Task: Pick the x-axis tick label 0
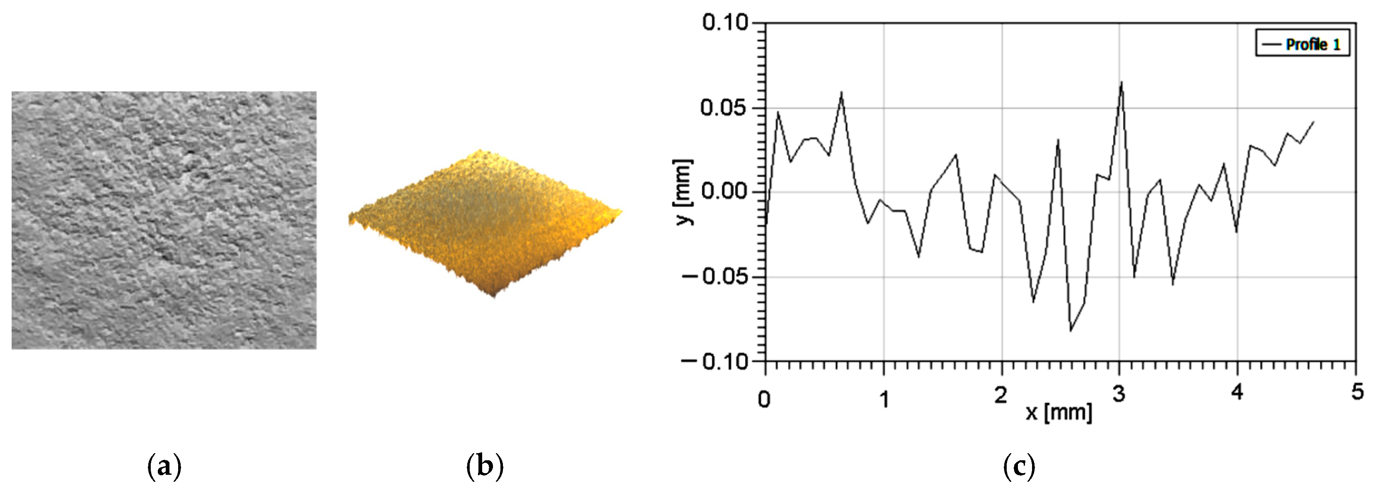click(764, 398)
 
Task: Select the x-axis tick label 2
click(1001, 396)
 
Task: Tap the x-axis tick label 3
click(1119, 395)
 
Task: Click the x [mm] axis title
click(1059, 412)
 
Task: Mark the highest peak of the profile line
click(1121, 82)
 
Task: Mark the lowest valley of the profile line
click(1070, 331)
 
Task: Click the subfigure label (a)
click(164, 467)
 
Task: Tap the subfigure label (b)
click(485, 467)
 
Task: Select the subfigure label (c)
click(1019, 467)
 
